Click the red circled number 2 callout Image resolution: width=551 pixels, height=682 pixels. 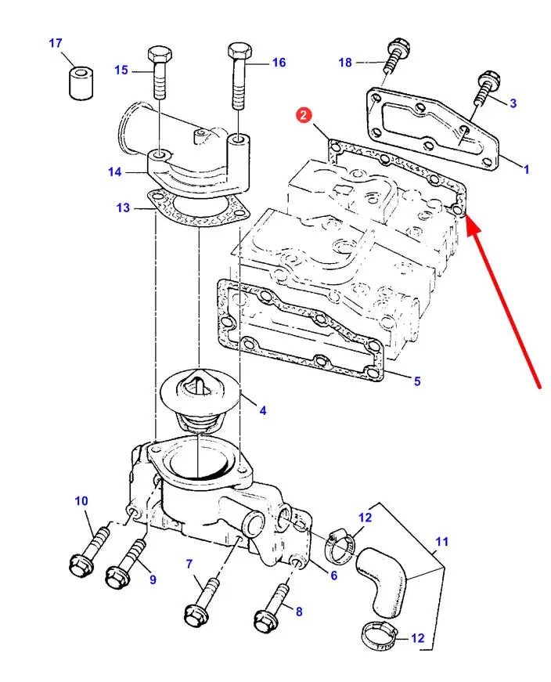point(304,115)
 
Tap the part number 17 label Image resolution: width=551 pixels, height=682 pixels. point(56,43)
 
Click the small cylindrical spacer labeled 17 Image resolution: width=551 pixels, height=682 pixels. point(81,83)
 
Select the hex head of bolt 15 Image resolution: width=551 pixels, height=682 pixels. point(160,55)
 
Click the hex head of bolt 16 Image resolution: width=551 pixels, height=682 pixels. point(239,51)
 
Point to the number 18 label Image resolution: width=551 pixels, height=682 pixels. point(345,63)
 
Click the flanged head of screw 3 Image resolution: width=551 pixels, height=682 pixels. point(490,80)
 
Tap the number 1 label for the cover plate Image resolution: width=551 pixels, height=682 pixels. point(526,169)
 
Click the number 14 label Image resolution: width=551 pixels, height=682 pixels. point(115,171)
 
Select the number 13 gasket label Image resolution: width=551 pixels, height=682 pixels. point(123,207)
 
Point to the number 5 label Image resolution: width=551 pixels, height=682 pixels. point(417,381)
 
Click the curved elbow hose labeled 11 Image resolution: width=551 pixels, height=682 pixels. point(382,581)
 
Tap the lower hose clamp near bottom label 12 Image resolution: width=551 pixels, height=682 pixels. point(380,636)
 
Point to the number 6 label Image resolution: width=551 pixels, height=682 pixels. point(333,576)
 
